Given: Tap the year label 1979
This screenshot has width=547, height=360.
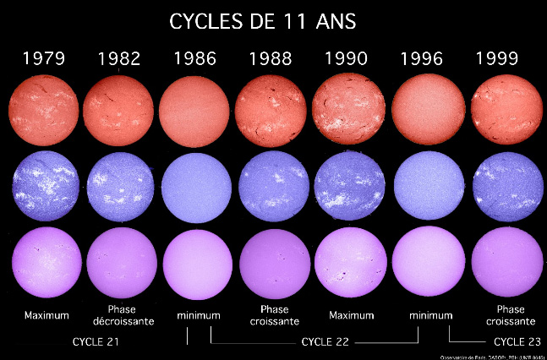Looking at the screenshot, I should click(43, 59).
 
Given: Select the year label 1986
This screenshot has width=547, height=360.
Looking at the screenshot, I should click(195, 59).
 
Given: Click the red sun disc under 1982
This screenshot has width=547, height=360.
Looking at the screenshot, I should click(119, 108).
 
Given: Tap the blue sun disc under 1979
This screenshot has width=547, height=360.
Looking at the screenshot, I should click(43, 183).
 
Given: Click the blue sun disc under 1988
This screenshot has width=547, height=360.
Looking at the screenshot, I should click(271, 183).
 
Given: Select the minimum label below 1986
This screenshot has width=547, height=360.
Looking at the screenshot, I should click(198, 315).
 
